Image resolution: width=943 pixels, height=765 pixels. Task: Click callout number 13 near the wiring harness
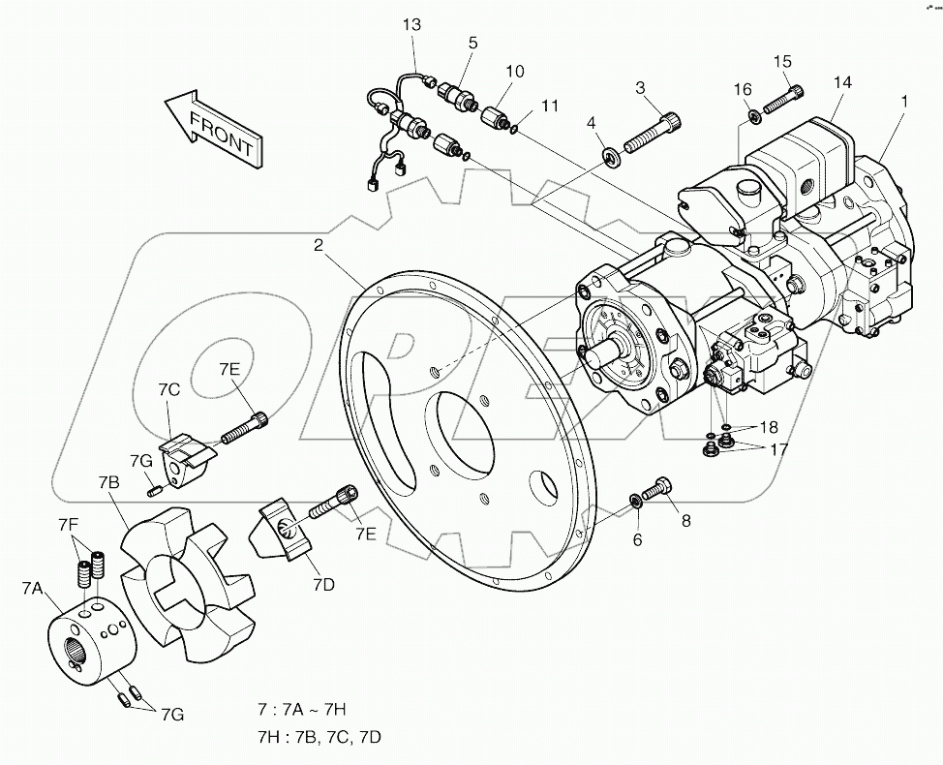412,25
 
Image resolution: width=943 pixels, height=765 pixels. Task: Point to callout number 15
781,62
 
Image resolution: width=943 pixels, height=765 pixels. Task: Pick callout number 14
842,83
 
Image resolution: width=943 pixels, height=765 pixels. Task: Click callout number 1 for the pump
904,99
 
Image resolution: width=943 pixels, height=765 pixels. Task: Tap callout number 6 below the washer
637,539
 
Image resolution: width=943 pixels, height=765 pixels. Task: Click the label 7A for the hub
32,589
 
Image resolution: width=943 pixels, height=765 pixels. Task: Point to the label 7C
169,390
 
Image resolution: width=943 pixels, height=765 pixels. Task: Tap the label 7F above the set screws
68,524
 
